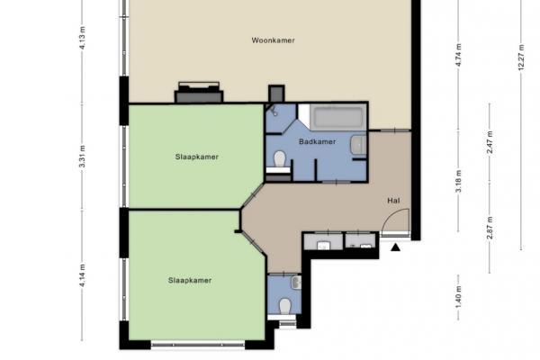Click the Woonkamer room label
pos(273,40)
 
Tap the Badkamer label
pos(317,141)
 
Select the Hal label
pos(393,201)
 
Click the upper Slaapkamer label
pos(196,157)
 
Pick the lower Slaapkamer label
pos(190,281)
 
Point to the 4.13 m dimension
pos(82,38)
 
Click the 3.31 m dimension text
pos(82,157)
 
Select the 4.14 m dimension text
pos(82,275)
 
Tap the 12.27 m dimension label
pos(521,58)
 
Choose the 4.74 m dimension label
pos(458,56)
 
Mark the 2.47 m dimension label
pos(490,142)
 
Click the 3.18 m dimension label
pos(458,182)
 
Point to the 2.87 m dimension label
pos(490,228)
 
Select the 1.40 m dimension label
pos(458,297)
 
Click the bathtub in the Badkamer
pos(338,117)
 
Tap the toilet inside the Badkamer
pos(280,158)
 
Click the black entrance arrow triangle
pos(396,247)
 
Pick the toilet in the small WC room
pos(284,306)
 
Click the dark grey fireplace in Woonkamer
pos(199,93)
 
